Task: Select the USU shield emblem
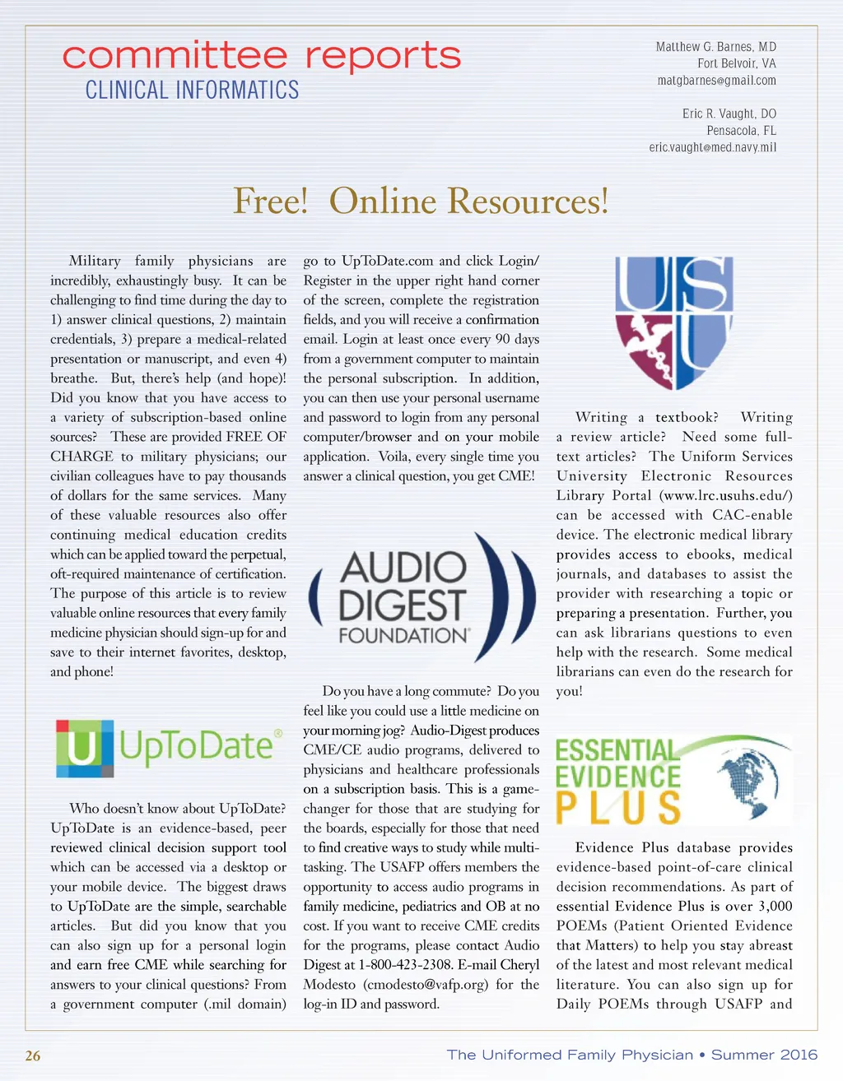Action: (673, 321)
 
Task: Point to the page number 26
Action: (33, 1055)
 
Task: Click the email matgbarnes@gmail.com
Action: (716, 81)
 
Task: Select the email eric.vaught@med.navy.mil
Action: (712, 147)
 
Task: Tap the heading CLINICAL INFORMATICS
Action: (192, 90)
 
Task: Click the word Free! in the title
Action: (270, 201)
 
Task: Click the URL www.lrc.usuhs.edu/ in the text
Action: (725, 495)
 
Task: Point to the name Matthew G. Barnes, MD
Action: (715, 47)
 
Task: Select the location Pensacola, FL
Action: (741, 131)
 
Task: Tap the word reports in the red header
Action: (383, 56)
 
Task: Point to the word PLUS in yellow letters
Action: (618, 807)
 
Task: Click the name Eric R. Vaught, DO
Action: (729, 114)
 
